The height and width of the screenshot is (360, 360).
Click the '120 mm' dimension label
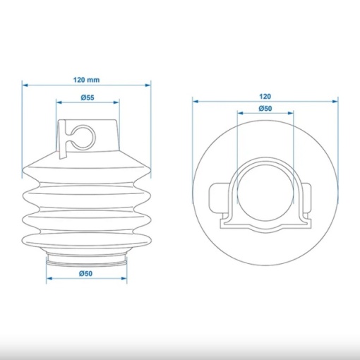[x=86, y=80]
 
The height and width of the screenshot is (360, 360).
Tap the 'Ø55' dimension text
[x=88, y=97]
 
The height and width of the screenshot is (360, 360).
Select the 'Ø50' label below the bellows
[x=86, y=273]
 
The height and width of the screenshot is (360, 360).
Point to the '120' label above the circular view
[x=265, y=97]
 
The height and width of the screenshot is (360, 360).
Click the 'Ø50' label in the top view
[x=265, y=109]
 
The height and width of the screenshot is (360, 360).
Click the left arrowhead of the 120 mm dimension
[x=25, y=85]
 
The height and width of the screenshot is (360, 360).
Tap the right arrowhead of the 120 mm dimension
[x=148, y=85]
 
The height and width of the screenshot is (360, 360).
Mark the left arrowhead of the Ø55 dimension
[x=59, y=102]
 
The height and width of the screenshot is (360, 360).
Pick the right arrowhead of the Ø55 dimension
[x=116, y=102]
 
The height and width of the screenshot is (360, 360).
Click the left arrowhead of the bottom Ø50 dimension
[x=49, y=279]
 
